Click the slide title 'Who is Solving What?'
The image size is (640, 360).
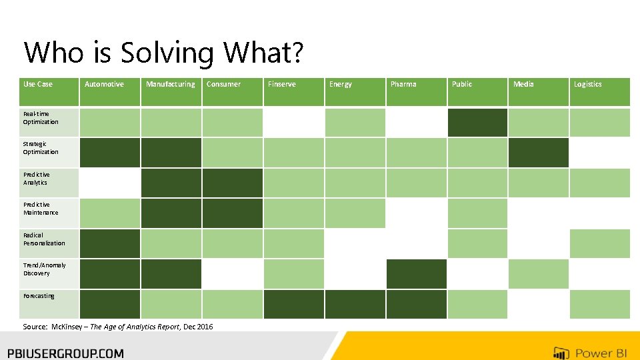pyautogui.click(x=163, y=52)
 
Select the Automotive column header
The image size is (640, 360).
pyautogui.click(x=104, y=85)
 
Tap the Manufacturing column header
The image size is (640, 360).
pyautogui.click(x=170, y=85)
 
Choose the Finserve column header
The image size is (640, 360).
pyautogui.click(x=282, y=85)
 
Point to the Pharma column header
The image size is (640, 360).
pyautogui.click(x=403, y=85)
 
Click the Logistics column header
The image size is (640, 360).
pyautogui.click(x=587, y=85)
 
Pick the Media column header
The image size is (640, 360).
pyautogui.click(x=523, y=85)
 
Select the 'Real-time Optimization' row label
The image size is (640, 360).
pyautogui.click(x=41, y=118)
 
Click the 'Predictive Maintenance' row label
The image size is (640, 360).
pyautogui.click(x=41, y=209)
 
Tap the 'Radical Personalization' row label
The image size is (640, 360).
pyautogui.click(x=44, y=239)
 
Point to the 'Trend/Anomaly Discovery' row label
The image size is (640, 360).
pyautogui.click(x=44, y=269)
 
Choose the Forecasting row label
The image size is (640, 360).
pyautogui.click(x=39, y=296)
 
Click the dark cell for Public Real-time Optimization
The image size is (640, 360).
pyautogui.click(x=477, y=123)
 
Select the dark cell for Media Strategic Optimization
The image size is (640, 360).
pyautogui.click(x=539, y=153)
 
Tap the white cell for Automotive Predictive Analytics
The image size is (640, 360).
pyautogui.click(x=110, y=183)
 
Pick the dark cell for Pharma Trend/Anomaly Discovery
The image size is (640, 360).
pyautogui.click(x=416, y=274)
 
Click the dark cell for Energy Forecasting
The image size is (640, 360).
pyautogui.click(x=355, y=304)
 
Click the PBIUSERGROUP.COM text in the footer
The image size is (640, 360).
pyautogui.click(x=65, y=353)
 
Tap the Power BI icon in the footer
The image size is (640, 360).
pyautogui.click(x=561, y=353)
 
